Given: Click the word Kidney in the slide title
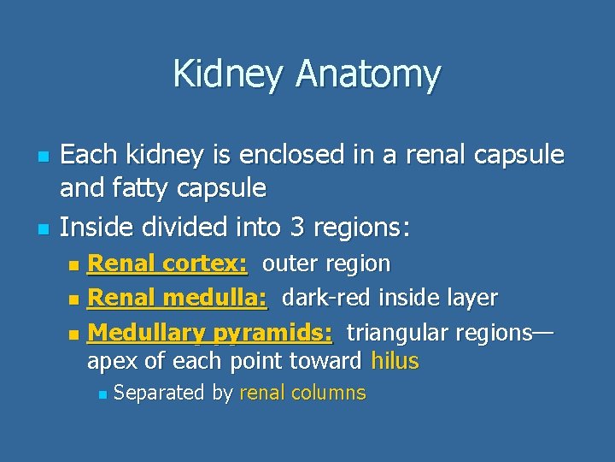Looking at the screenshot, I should coord(230,74).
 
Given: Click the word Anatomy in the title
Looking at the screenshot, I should coord(368,74).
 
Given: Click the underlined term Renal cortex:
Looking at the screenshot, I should coord(167,264).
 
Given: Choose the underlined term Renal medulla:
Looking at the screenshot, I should coord(178,298).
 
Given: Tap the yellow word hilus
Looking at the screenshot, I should coord(395,361).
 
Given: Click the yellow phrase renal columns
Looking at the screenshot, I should coord(302,394).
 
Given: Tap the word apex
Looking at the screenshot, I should coord(113,361).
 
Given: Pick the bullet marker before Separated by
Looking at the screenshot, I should coord(102,395).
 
